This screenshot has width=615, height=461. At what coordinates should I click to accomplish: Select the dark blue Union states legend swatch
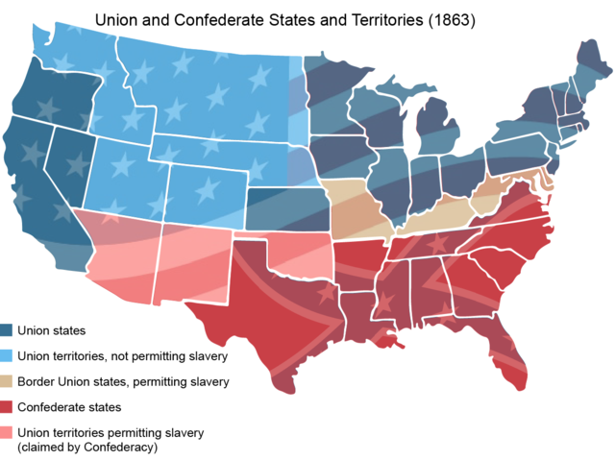(x=9, y=330)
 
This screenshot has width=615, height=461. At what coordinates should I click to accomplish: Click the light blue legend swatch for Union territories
(x=9, y=356)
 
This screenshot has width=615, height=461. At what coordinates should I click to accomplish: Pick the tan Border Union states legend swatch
(x=9, y=381)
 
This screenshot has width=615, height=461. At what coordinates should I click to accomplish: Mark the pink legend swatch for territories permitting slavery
(x=9, y=432)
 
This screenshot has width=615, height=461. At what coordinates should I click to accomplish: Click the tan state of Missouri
(x=356, y=206)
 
